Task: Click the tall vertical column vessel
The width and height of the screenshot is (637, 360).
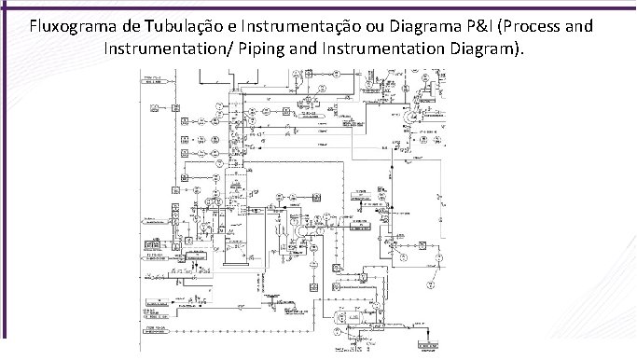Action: tap(234, 168)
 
